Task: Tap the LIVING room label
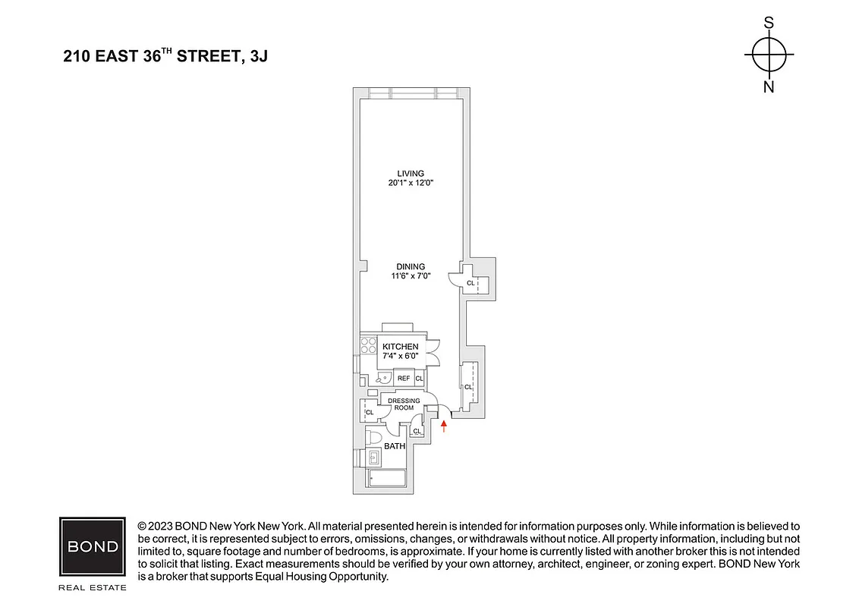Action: pos(410,173)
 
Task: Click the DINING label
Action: pos(410,266)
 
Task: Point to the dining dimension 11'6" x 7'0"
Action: pos(410,277)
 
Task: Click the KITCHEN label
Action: pos(400,347)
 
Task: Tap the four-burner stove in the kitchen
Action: pos(368,346)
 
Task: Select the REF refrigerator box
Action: pos(404,378)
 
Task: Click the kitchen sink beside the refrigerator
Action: pos(381,377)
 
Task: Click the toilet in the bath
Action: pos(374,438)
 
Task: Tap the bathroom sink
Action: pos(374,458)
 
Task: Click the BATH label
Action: pos(395,446)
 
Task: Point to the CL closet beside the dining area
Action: pos(470,283)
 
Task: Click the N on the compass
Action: pos(769,86)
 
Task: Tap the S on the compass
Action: pos(769,24)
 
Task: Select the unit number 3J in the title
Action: pos(257,57)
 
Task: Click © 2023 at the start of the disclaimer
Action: pos(157,526)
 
